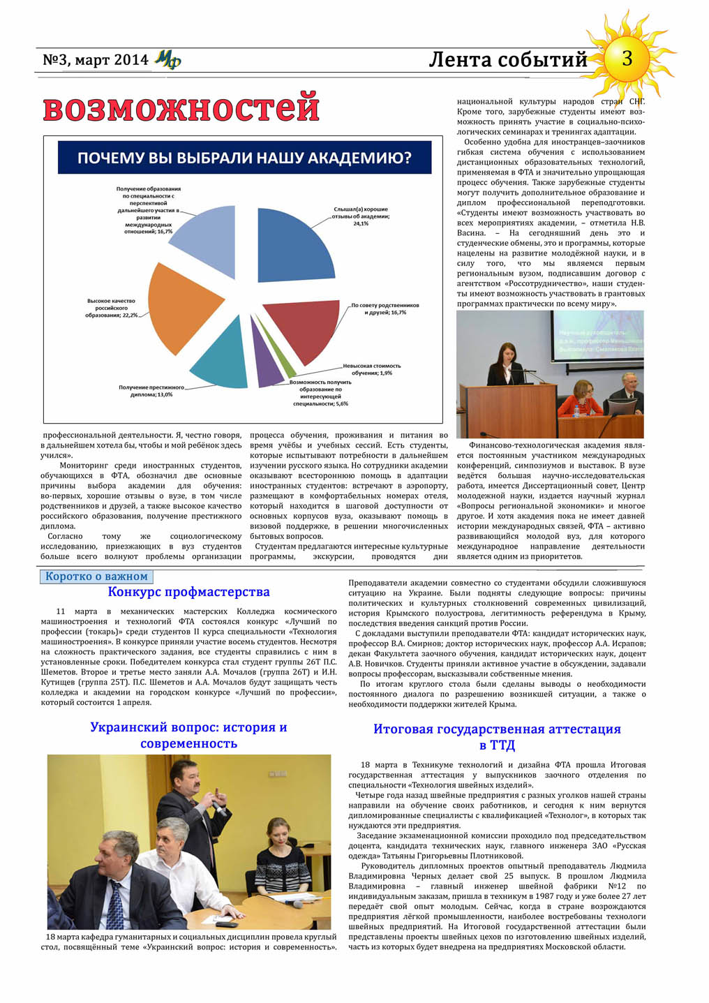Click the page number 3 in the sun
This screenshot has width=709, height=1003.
click(x=627, y=59)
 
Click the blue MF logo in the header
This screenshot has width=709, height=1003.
click(x=167, y=60)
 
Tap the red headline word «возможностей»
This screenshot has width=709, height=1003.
click(x=181, y=109)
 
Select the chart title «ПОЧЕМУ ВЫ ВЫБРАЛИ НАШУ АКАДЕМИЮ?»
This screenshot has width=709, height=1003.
click(x=244, y=158)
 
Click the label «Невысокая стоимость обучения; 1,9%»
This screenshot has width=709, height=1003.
click(x=371, y=369)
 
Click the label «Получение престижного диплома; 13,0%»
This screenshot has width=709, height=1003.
click(x=151, y=391)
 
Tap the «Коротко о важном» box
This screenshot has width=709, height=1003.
click(x=96, y=577)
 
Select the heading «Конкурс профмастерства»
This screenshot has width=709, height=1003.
click(x=188, y=593)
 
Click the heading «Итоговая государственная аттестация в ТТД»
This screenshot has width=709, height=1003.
click(x=497, y=737)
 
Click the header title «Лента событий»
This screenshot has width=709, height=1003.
click(x=507, y=60)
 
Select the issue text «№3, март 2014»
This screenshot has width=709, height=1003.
click(x=95, y=60)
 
